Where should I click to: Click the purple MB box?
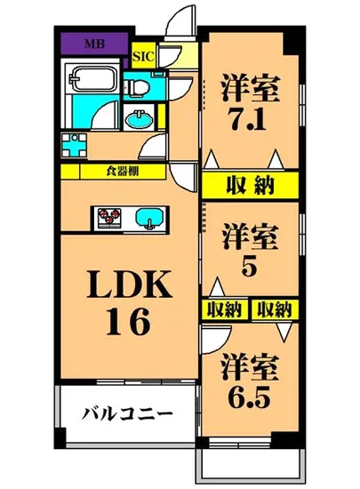[92, 42]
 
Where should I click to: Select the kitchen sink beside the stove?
[147, 217]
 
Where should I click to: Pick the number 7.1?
[250, 118]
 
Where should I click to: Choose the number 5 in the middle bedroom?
[249, 266]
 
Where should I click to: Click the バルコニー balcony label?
[126, 413]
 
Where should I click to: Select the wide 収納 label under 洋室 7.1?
[249, 185]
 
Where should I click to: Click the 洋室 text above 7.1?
[250, 87]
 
